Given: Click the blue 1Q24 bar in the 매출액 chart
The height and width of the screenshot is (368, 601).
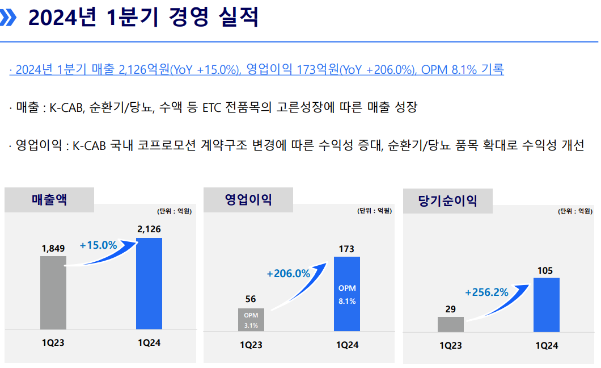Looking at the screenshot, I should tap(149, 284).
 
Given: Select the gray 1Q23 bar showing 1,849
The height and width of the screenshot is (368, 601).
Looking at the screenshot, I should tap(53, 292).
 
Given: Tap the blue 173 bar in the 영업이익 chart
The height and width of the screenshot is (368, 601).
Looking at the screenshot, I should tap(347, 294).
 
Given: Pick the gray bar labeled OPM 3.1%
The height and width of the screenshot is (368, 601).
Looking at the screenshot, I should tap(251, 320).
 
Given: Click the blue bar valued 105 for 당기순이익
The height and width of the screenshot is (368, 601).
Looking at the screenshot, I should tap(547, 305).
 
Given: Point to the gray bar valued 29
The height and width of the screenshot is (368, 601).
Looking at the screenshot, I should tap(451, 324).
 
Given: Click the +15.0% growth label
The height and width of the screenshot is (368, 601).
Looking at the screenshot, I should tap(98, 245).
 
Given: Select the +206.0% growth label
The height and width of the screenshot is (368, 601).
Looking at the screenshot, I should tap(289, 273).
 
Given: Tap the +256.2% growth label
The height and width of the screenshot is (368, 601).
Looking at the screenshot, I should tap(486, 292).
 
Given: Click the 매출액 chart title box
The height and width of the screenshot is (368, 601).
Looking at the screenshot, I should tap(49, 200).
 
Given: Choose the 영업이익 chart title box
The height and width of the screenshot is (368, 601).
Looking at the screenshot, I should tap(248, 200).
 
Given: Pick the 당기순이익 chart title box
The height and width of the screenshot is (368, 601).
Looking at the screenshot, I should tap(447, 200).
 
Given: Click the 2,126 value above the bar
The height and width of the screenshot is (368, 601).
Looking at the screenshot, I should tap(149, 229).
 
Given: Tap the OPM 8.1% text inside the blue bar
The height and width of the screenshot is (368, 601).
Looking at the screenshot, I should tap(347, 295).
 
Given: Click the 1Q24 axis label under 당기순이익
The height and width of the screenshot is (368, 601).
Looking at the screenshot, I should tap(547, 345).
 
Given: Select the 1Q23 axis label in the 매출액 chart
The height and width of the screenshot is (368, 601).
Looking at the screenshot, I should tap(53, 342).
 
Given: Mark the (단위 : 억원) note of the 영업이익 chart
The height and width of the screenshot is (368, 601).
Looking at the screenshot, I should tap(374, 211).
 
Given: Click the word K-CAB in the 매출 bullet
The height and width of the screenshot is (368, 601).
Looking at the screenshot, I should tap(67, 107).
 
